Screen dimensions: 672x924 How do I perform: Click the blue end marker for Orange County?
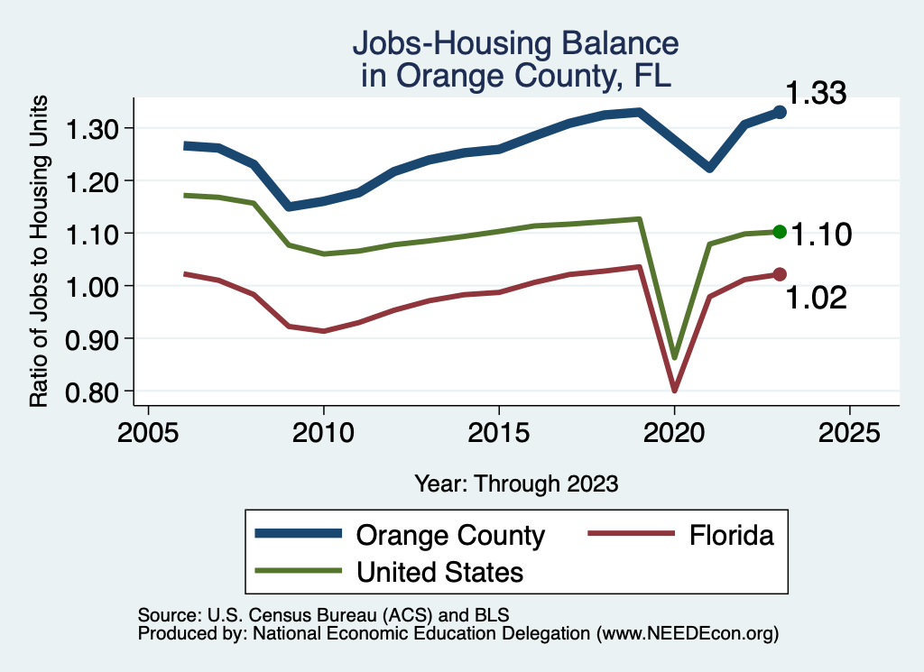780,113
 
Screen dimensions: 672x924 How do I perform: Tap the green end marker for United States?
780,232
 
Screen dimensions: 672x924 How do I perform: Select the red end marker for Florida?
780,274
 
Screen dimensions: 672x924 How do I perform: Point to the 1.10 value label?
821,235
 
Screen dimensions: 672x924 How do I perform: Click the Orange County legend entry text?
450,536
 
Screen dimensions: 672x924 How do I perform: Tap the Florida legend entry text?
732,536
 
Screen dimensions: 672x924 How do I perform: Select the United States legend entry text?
439,571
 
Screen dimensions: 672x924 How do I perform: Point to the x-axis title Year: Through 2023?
516,483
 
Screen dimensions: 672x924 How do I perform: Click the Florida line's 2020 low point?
674,390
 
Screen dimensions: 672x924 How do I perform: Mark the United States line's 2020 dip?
674,357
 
